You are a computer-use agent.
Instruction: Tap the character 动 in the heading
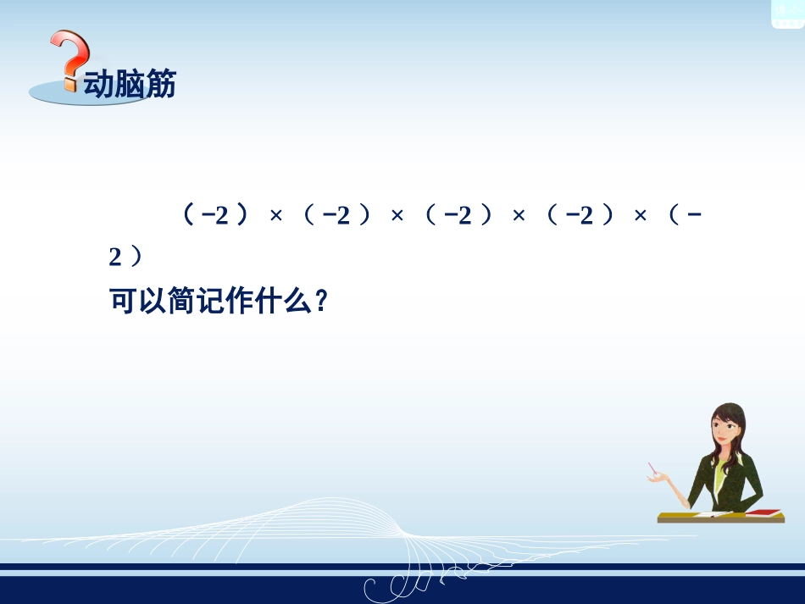[98, 85]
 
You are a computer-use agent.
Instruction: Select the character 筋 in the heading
[160, 85]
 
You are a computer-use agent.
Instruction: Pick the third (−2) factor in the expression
[458, 216]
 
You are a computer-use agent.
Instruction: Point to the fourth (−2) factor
[579, 216]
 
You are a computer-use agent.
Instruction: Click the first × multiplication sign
[275, 217]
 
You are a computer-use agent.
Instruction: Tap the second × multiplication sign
[397, 217]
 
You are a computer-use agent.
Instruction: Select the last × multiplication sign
[640, 217]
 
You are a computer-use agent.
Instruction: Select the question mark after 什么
[320, 302]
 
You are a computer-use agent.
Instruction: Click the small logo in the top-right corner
[787, 13]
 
